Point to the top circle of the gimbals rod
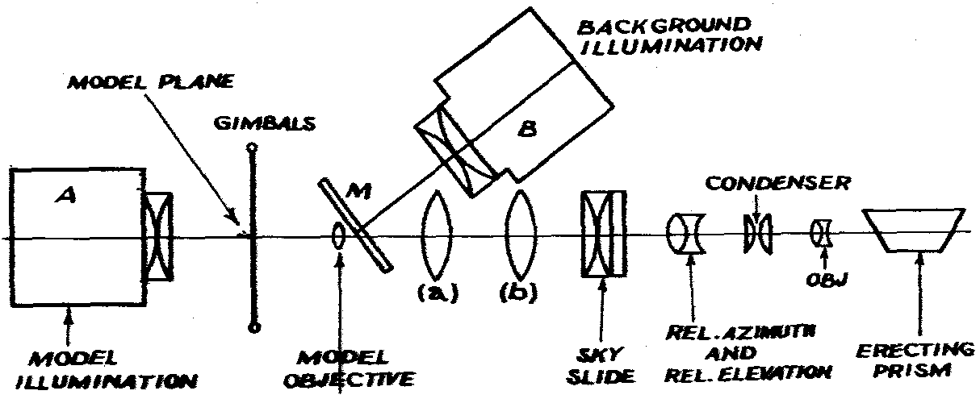point(253,148)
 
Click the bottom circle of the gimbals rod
point(256,328)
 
